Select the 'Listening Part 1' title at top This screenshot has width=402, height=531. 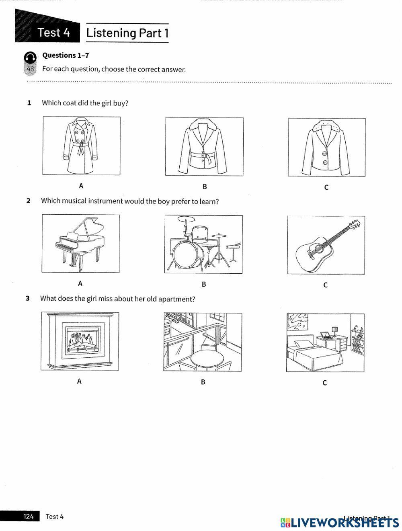tap(127, 33)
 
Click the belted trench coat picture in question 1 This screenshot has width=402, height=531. tap(81, 145)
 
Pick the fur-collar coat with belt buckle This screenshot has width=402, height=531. tap(204, 146)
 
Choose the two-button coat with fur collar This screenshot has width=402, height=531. tap(326, 147)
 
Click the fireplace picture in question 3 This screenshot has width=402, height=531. tap(80, 341)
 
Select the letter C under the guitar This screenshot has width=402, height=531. tap(325, 285)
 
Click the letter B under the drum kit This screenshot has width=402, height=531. tap(204, 284)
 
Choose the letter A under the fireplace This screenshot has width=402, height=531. tap(79, 381)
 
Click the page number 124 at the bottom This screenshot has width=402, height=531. tap(29, 517)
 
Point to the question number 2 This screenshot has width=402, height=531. tap(28, 201)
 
